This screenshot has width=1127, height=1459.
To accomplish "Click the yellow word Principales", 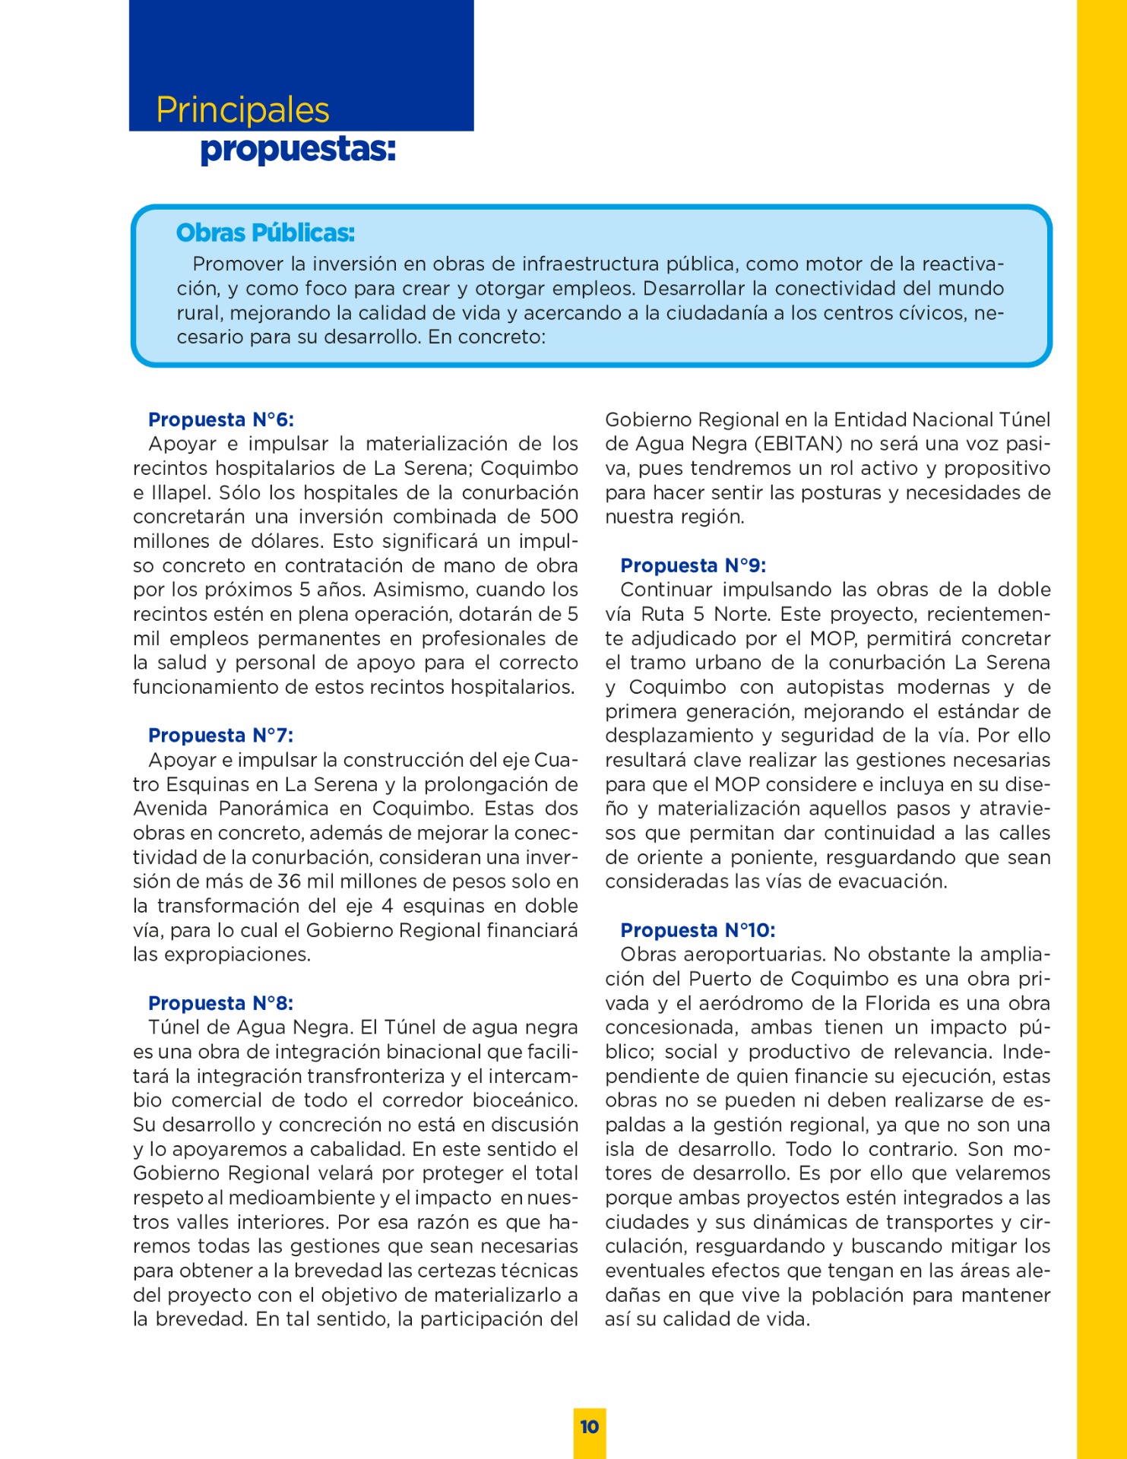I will click(242, 110).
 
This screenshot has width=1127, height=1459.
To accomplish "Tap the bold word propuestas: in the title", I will click(298, 150).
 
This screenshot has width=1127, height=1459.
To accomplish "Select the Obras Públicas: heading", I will click(265, 233).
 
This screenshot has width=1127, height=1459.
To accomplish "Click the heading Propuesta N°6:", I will click(221, 419).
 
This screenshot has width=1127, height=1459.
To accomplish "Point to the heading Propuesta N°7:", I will click(221, 735).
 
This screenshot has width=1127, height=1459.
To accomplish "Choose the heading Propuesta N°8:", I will click(221, 1003).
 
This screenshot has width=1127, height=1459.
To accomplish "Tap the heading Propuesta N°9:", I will click(693, 565).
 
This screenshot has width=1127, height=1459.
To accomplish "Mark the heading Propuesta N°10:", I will click(698, 930).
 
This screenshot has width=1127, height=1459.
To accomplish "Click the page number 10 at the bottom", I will click(590, 1427).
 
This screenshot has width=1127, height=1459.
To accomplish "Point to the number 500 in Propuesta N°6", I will click(559, 517).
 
